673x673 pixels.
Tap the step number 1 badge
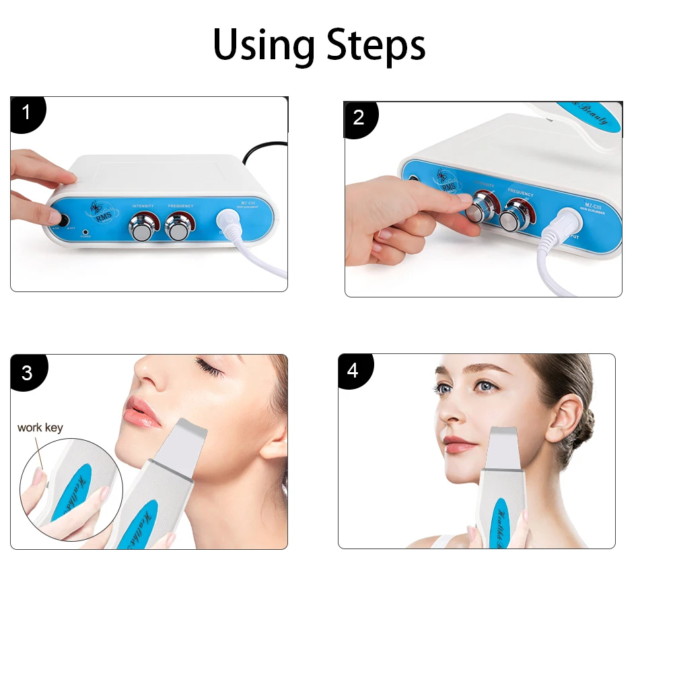point(26,112)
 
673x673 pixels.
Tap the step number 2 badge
point(358,118)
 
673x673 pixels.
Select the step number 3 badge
point(26,372)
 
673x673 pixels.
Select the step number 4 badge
point(353,371)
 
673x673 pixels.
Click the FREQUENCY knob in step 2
point(518,214)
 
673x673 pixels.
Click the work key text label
point(40,427)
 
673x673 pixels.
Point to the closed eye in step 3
point(209,367)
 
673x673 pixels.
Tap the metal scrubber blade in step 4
point(501,449)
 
